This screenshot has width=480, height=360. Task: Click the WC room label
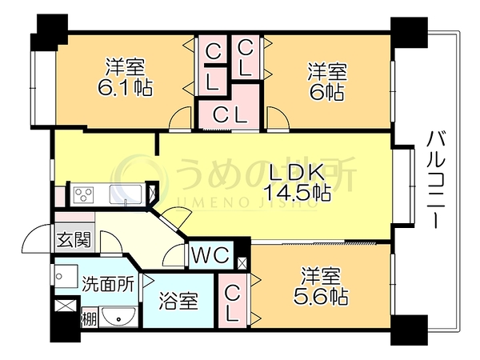[211, 254]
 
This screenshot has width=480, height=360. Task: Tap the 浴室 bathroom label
[178, 301]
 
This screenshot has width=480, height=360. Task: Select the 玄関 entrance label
[74, 240]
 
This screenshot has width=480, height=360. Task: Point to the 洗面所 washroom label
[108, 284]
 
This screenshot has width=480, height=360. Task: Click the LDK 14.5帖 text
[297, 184]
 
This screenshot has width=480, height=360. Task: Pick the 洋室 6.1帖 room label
[126, 77]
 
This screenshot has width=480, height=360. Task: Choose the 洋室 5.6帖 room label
[321, 286]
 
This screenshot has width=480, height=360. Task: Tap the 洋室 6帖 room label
[327, 82]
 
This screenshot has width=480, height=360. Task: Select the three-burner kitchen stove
[83, 194]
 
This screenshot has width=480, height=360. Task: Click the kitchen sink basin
[126, 194]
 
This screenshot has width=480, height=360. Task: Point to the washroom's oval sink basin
[118, 317]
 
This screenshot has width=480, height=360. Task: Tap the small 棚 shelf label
[90, 319]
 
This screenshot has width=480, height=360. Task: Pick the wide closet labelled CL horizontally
[230, 115]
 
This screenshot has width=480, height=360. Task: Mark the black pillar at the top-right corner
[409, 33]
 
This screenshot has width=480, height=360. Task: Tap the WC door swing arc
[170, 252]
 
